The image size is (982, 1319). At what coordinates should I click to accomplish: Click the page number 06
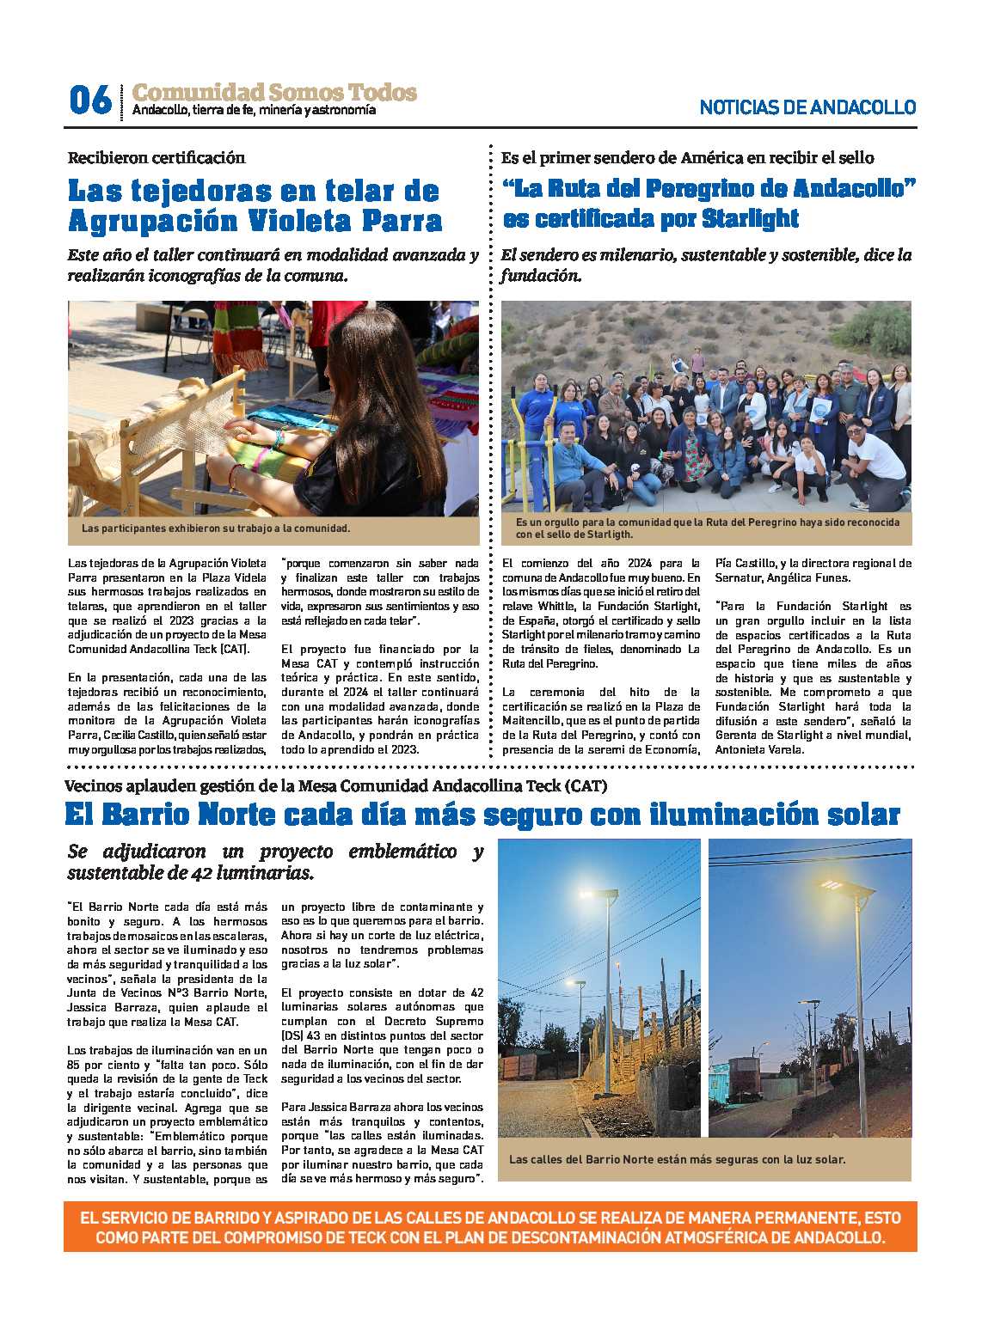click(x=89, y=100)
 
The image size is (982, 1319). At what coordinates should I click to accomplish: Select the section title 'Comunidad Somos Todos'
click(x=274, y=92)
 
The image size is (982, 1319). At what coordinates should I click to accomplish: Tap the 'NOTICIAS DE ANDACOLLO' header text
click(x=807, y=107)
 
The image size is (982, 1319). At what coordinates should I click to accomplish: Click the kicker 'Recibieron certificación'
click(x=157, y=157)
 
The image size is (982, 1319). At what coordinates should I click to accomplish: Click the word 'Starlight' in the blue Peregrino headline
click(x=750, y=218)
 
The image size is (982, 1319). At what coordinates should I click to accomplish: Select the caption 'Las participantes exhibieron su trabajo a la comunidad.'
click(x=216, y=528)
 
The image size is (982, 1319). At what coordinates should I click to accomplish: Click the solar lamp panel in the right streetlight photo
click(x=832, y=884)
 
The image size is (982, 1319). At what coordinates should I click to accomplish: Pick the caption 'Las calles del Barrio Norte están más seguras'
click(x=677, y=1159)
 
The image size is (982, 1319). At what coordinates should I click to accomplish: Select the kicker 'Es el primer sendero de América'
click(x=687, y=157)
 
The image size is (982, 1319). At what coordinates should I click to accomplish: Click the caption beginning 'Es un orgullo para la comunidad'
click(x=707, y=528)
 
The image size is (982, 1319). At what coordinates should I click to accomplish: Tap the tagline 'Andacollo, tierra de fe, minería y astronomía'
click(x=254, y=110)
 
